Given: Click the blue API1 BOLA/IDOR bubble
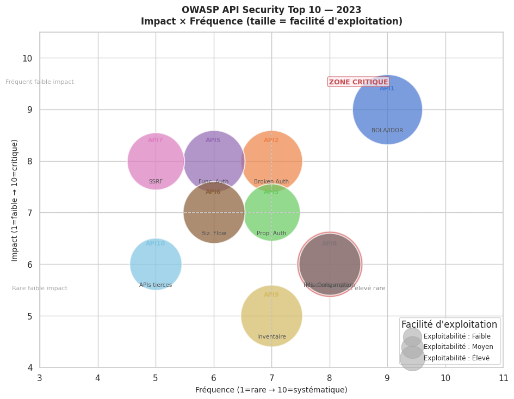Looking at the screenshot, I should pos(387,109).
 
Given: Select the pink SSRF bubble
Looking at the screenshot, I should pos(156,161).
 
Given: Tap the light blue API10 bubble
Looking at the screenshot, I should pos(156,264).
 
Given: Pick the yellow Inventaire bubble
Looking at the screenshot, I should pos(271,316).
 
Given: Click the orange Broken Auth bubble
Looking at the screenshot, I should pos(271,161).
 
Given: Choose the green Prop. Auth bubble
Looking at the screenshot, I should pos(271,212).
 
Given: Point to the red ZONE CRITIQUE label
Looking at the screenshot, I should pos(358,82).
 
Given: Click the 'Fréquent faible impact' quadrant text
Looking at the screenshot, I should pos(40,82).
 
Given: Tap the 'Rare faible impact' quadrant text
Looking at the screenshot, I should pos(40,288).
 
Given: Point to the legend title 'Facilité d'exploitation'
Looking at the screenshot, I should pos(449,324).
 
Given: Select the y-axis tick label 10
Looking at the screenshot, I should pos(27,58).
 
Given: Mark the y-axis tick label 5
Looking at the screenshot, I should pos(29,316).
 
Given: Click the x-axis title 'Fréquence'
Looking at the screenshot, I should pos(271,390).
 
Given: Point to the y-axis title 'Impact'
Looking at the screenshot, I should pos(15,200).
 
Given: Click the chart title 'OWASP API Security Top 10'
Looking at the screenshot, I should pos(271,10).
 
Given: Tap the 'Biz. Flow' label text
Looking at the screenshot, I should pos(214,234).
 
